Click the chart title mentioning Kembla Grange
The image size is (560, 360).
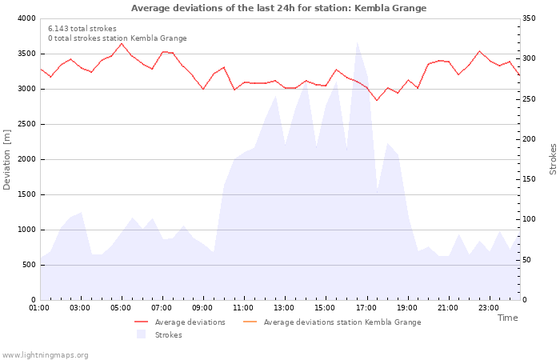coord(278,8)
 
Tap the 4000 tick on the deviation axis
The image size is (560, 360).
coord(26,18)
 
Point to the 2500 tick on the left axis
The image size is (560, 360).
coord(26,124)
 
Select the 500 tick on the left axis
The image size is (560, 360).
coord(29,265)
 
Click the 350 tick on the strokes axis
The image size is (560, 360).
coord(531,18)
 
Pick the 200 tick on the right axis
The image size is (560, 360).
coord(531,139)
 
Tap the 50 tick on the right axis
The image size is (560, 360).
coord(529,260)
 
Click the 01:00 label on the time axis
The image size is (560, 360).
coord(39,308)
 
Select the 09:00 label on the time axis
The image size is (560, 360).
coord(202,308)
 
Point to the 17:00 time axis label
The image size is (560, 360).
coord(366,308)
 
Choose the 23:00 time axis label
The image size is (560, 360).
coord(488,308)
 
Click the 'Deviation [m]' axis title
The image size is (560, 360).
coord(7,159)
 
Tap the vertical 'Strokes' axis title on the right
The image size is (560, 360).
coord(553,159)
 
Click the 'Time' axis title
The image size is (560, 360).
coord(507,318)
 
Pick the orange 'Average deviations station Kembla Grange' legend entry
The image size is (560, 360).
coord(342,322)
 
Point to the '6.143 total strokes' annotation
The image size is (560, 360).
coord(82,29)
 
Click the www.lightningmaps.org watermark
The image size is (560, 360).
coord(45,355)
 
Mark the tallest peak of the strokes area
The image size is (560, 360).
coord(357,42)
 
